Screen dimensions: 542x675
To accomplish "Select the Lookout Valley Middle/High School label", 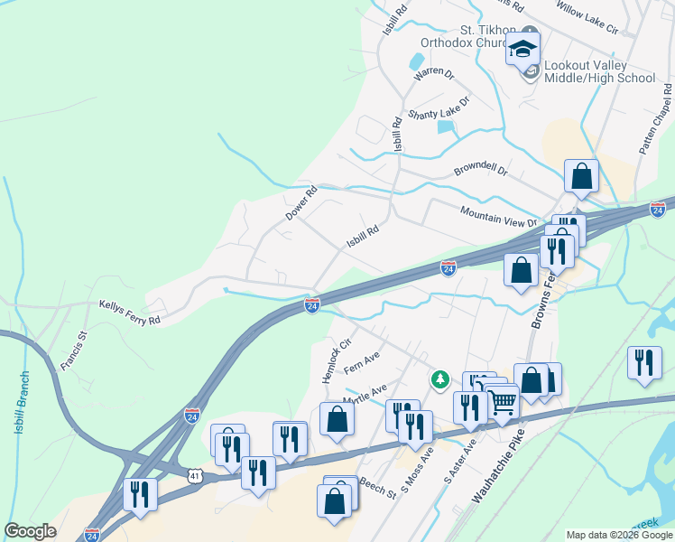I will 599,72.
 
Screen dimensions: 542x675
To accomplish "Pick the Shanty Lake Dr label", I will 439,108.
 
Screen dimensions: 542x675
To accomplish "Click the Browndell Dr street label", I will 481,169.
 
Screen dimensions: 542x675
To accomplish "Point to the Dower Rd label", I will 302,203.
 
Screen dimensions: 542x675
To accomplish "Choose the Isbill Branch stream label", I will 22,402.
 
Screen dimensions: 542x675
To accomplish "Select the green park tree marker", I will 440,378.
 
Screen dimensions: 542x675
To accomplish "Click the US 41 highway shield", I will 197,473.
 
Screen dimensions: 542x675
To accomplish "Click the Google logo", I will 31,531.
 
